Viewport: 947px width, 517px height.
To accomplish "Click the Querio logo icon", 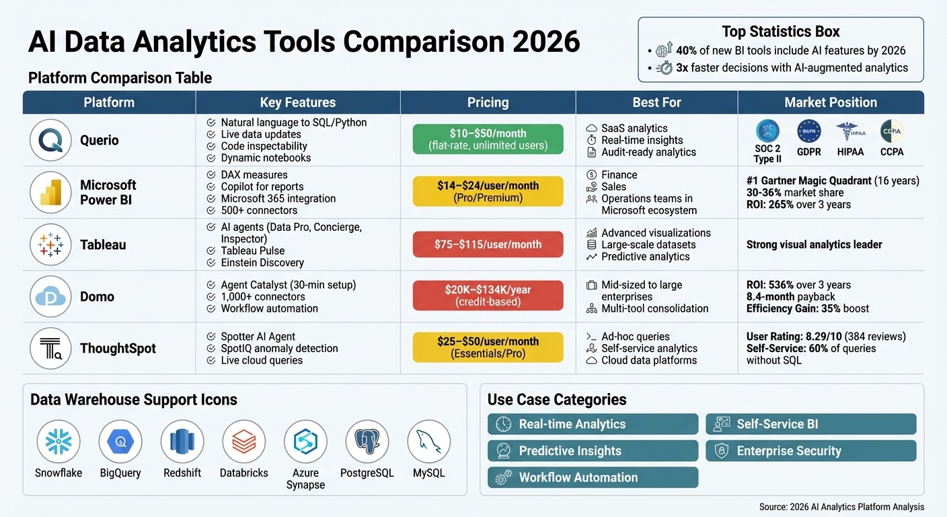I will [x=51, y=140].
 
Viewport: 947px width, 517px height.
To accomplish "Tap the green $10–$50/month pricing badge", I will [x=488, y=139].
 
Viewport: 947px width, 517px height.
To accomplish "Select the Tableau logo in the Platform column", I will [x=51, y=244].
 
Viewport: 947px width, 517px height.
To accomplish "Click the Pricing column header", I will [x=488, y=102].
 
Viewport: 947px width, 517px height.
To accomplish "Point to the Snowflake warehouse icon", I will [x=59, y=442].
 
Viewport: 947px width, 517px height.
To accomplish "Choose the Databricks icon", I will [x=243, y=442].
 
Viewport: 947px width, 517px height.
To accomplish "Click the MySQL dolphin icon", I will [x=428, y=442].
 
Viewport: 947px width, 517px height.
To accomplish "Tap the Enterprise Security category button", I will [x=810, y=451].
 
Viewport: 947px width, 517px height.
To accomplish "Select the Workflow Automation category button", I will [x=593, y=477].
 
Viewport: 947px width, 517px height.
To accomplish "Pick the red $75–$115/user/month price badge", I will [x=488, y=244].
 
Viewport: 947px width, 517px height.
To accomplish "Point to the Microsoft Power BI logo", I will [x=51, y=192].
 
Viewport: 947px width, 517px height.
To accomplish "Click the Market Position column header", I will [x=831, y=102].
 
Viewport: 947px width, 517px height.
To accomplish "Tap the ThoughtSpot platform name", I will [x=118, y=348].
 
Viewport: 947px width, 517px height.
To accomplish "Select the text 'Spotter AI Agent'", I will [x=258, y=337].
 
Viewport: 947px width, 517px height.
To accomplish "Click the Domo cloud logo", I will [x=51, y=296].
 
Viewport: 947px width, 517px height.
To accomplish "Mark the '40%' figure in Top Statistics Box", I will [x=687, y=50].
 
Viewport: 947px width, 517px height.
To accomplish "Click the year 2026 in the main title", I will [x=545, y=42].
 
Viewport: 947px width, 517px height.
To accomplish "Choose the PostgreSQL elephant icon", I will [x=367, y=442].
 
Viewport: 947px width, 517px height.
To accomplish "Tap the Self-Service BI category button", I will [x=810, y=424].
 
